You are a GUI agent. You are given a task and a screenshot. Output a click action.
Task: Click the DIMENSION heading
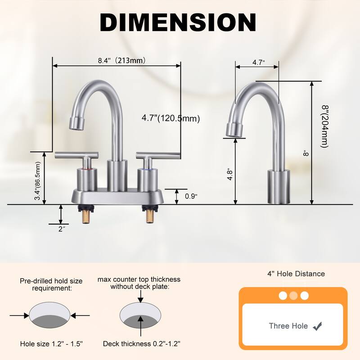pos(178,22)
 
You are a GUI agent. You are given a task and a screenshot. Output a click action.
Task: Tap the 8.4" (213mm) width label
pos(121,61)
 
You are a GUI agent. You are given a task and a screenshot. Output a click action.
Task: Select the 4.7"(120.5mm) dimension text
pos(171,118)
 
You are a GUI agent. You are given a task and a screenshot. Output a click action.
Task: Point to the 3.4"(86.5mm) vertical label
pos(38,181)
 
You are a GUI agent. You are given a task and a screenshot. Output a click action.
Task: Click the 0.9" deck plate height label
pos(191,196)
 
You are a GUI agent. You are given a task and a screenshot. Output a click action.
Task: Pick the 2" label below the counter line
pos(61,229)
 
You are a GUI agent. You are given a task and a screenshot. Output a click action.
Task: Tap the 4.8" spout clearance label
pos(230,175)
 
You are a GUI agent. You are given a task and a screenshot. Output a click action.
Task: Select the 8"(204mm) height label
pos(325,126)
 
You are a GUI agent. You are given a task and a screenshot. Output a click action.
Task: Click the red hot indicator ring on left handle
pos(87,169)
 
